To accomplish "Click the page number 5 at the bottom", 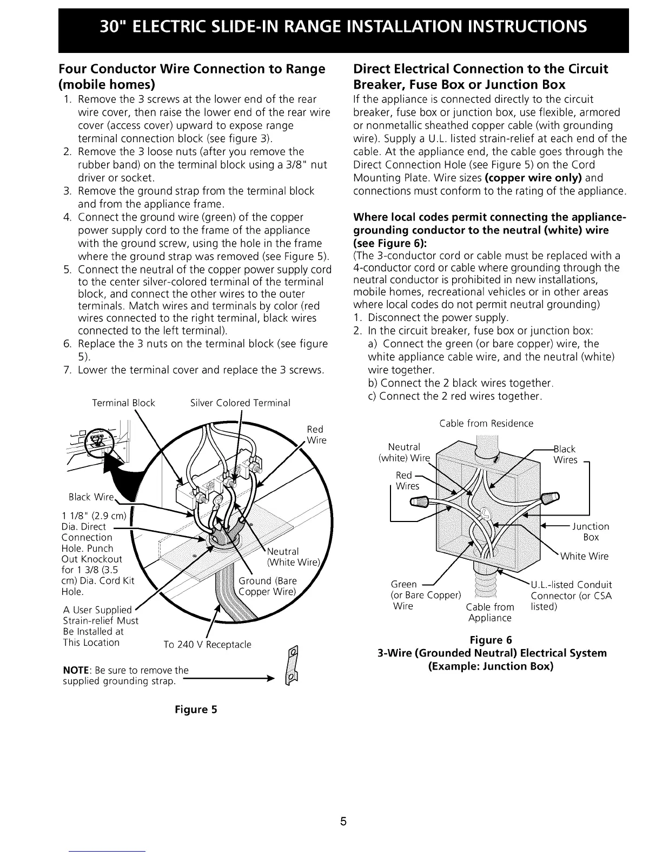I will click(342, 823).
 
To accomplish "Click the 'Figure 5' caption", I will click(195, 710).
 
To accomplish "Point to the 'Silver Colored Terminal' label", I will click(240, 403).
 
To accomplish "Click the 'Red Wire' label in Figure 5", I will click(316, 435).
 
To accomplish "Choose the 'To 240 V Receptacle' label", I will click(207, 645).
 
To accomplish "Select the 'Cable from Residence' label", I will click(486, 424).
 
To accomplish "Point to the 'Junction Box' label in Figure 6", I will click(590, 532).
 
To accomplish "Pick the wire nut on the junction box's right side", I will click(551, 496).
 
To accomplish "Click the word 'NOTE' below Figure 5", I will click(74, 671).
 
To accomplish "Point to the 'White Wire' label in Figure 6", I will click(584, 556).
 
